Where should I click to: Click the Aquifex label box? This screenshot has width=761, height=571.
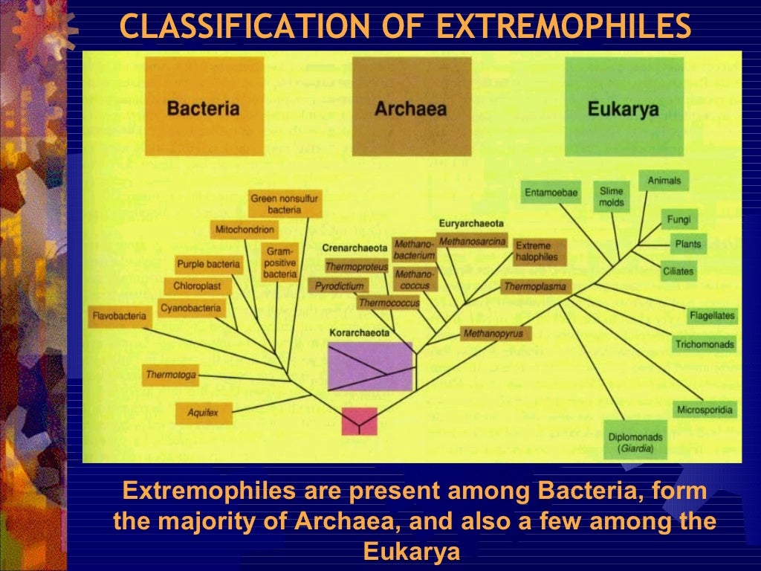click(203, 412)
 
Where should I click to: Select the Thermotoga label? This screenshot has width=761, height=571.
click(171, 375)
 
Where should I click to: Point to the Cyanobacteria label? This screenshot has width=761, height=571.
click(192, 308)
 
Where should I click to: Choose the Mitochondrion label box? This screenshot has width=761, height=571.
click(245, 230)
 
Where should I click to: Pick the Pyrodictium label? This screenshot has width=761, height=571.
click(339, 285)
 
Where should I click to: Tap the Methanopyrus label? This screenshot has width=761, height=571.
click(493, 333)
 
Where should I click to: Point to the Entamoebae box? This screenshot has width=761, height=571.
click(551, 193)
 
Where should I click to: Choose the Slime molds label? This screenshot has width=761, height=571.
click(612, 197)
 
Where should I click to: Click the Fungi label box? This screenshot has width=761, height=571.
click(679, 219)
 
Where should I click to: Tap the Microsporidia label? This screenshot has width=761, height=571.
click(705, 410)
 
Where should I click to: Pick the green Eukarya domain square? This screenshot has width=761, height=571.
click(624, 107)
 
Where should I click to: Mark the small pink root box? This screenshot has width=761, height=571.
click(359, 421)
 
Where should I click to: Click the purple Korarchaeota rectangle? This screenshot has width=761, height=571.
click(370, 366)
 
